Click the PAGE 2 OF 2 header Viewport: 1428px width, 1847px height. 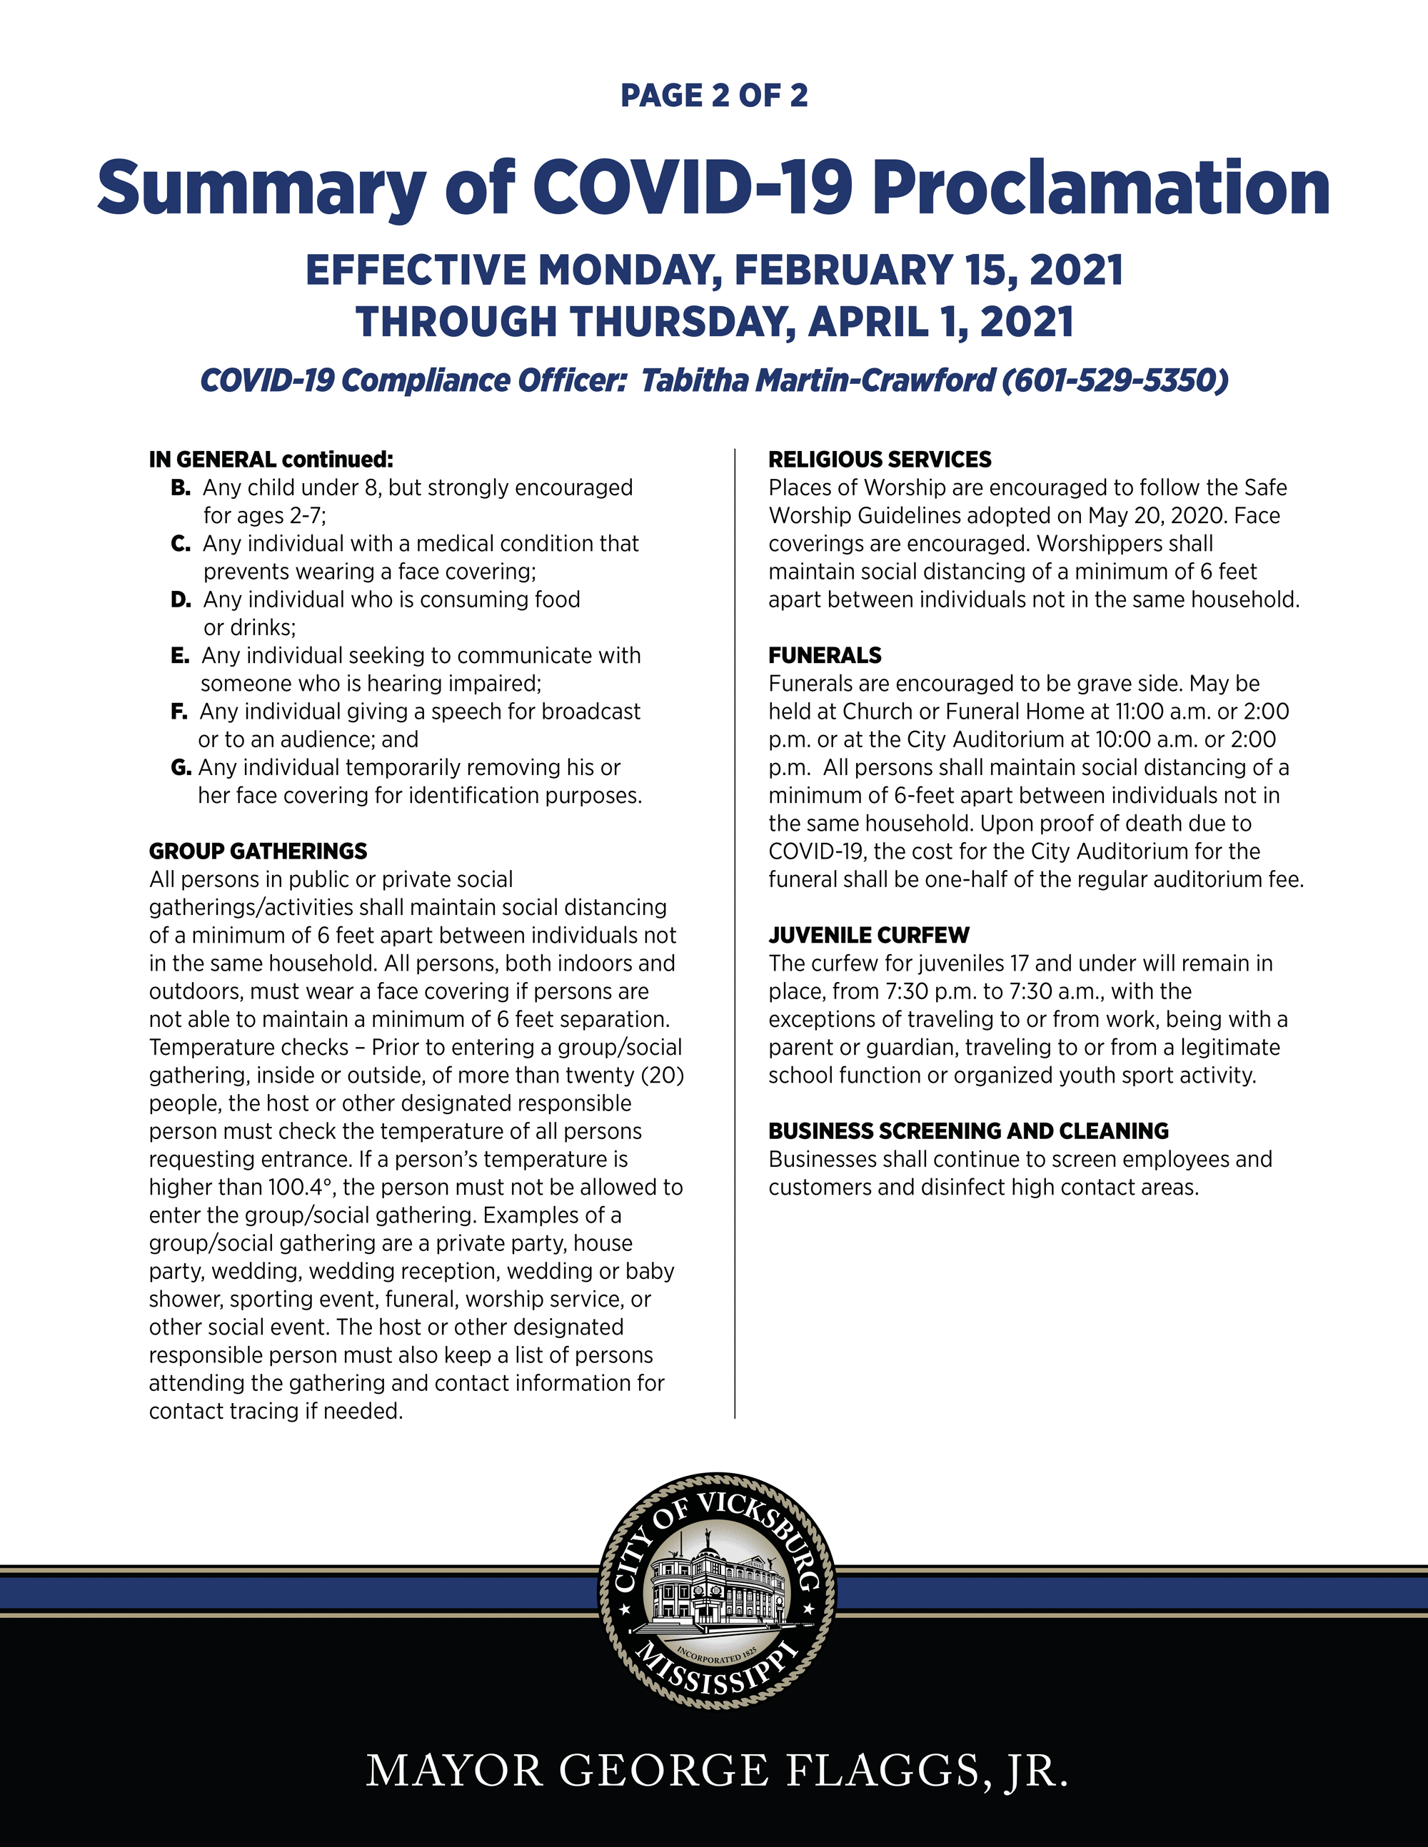(x=714, y=96)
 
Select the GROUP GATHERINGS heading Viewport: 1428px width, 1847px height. (x=258, y=851)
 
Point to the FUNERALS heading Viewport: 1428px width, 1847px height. (x=824, y=655)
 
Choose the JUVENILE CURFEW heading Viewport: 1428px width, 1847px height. (x=869, y=936)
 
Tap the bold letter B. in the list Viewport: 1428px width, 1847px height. (x=180, y=488)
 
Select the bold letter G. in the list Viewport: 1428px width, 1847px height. (x=180, y=768)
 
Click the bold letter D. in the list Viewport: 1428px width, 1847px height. (x=180, y=600)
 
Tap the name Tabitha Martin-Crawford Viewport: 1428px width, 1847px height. (x=818, y=380)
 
